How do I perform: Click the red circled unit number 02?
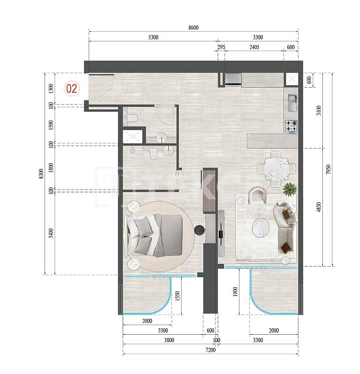(72, 88)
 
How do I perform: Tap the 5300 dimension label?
(153, 38)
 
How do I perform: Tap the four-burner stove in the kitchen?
(292, 126)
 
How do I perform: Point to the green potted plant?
(290, 189)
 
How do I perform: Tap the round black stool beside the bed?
(200, 230)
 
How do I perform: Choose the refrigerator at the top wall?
(232, 80)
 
